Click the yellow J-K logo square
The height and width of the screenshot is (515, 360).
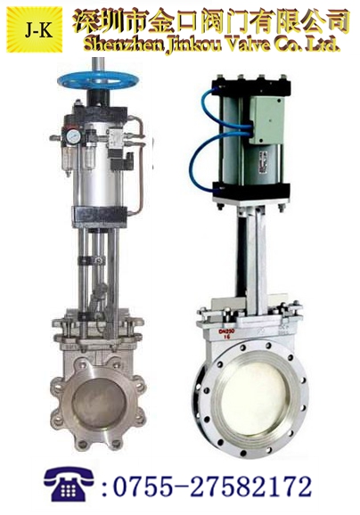(x=35, y=30)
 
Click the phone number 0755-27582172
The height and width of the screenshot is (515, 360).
(x=212, y=486)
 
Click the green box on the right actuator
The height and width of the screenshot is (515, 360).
(x=266, y=120)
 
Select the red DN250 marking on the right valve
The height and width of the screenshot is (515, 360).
(x=226, y=333)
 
